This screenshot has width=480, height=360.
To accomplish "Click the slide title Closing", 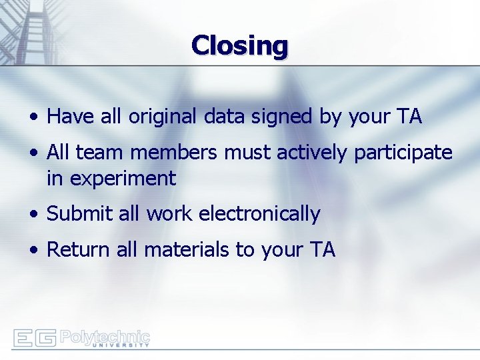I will [239, 46].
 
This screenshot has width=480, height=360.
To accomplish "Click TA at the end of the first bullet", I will [409, 117].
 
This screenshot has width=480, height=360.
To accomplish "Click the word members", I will [173, 153].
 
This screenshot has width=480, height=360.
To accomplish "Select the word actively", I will [313, 153].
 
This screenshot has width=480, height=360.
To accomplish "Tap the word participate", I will [403, 153].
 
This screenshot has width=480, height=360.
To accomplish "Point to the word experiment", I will [111, 179].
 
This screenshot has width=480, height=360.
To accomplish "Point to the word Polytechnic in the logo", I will [105, 335].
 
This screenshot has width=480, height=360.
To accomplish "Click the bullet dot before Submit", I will [33, 215].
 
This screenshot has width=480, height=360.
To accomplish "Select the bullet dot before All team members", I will [33, 153].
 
